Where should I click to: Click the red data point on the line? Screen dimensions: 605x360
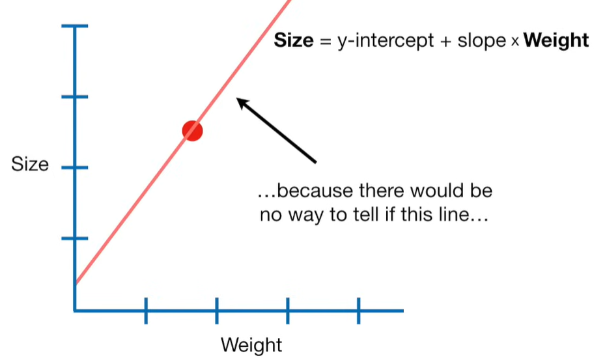pos(192,131)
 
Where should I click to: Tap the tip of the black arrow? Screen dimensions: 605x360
pos(237,99)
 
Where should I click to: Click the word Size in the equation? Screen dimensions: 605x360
pos(293,40)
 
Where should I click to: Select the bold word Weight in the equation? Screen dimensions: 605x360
pos(556,40)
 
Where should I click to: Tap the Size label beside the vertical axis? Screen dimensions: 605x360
pos(30,164)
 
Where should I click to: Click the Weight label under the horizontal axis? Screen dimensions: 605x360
pos(251,344)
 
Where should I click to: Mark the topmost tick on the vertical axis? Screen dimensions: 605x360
pos(74,26)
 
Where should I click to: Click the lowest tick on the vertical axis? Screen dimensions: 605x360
pos(74,238)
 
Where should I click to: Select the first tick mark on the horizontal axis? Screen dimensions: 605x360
pos(146,311)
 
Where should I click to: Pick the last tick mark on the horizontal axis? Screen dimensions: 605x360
pos(358,311)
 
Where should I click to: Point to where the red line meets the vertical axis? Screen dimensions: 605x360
pos(75,283)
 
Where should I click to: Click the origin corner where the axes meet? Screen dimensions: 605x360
pos(75,311)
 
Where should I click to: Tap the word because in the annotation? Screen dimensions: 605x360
pos(314,191)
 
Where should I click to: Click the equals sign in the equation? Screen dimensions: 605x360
pos(325,41)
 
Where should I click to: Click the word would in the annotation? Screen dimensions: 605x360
pos(434,191)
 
